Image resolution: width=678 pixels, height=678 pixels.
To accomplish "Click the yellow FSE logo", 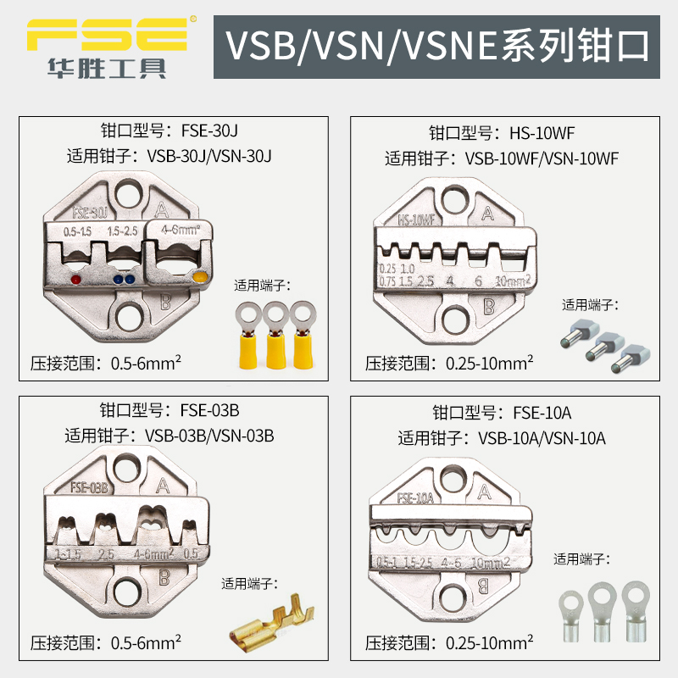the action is (x=106, y=31).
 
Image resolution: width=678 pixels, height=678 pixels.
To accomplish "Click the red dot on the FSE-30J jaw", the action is (x=75, y=279).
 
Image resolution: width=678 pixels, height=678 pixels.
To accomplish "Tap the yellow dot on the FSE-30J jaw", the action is (x=201, y=277).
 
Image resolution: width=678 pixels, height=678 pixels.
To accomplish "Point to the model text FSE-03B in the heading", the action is (x=210, y=411).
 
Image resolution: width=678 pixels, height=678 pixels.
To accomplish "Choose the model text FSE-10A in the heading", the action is (x=542, y=413).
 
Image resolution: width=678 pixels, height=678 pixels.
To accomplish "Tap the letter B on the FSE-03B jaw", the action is (x=163, y=579).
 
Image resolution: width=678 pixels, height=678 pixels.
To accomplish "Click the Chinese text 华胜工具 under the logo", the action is (x=107, y=68).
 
